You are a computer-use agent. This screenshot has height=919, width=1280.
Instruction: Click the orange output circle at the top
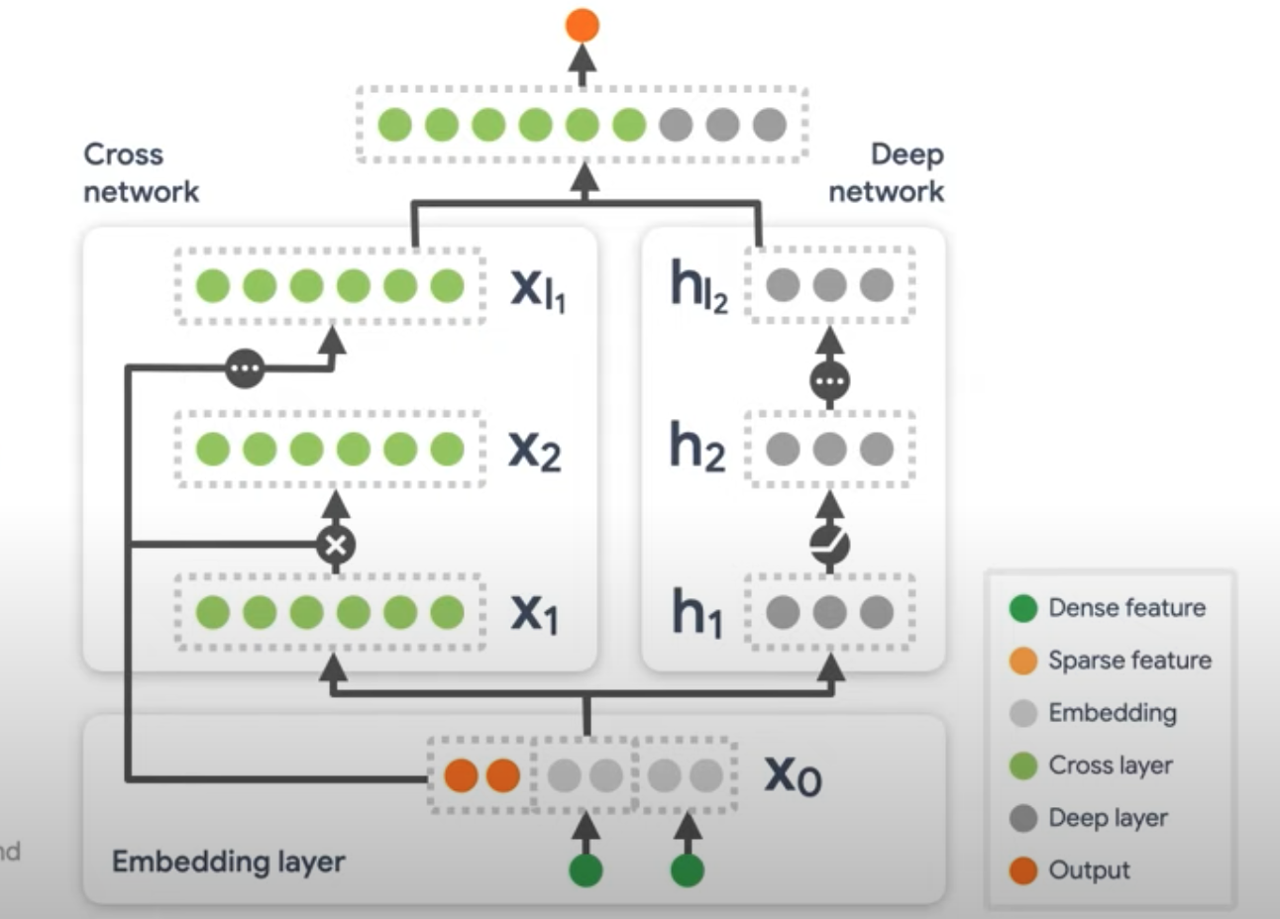coord(583,25)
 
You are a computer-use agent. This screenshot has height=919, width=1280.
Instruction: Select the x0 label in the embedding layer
coord(793,775)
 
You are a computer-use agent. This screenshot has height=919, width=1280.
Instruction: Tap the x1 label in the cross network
coord(535,613)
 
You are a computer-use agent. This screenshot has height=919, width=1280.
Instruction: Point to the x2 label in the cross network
coord(535,450)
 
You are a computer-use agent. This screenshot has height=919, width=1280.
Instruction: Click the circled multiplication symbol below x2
coord(336,544)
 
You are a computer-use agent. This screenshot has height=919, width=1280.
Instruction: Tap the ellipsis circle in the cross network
coord(245,368)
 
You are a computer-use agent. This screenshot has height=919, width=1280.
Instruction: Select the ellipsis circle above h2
coord(830,380)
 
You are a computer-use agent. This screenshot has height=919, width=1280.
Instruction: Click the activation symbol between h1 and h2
coord(830,543)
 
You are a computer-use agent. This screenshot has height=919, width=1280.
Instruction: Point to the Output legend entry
coord(1070,870)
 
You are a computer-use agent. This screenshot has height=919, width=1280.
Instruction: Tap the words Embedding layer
coord(228,862)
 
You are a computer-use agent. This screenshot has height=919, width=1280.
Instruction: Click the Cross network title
coord(141,173)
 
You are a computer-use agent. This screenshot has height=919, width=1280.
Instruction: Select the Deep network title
coord(887,173)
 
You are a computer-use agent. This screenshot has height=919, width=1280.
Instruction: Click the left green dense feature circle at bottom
coord(586,871)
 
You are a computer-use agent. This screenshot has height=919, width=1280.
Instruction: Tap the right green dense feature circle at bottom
coord(688,871)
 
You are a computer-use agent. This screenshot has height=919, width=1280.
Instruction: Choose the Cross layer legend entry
coord(1091,766)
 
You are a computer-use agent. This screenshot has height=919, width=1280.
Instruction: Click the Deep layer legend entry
coord(1089,818)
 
